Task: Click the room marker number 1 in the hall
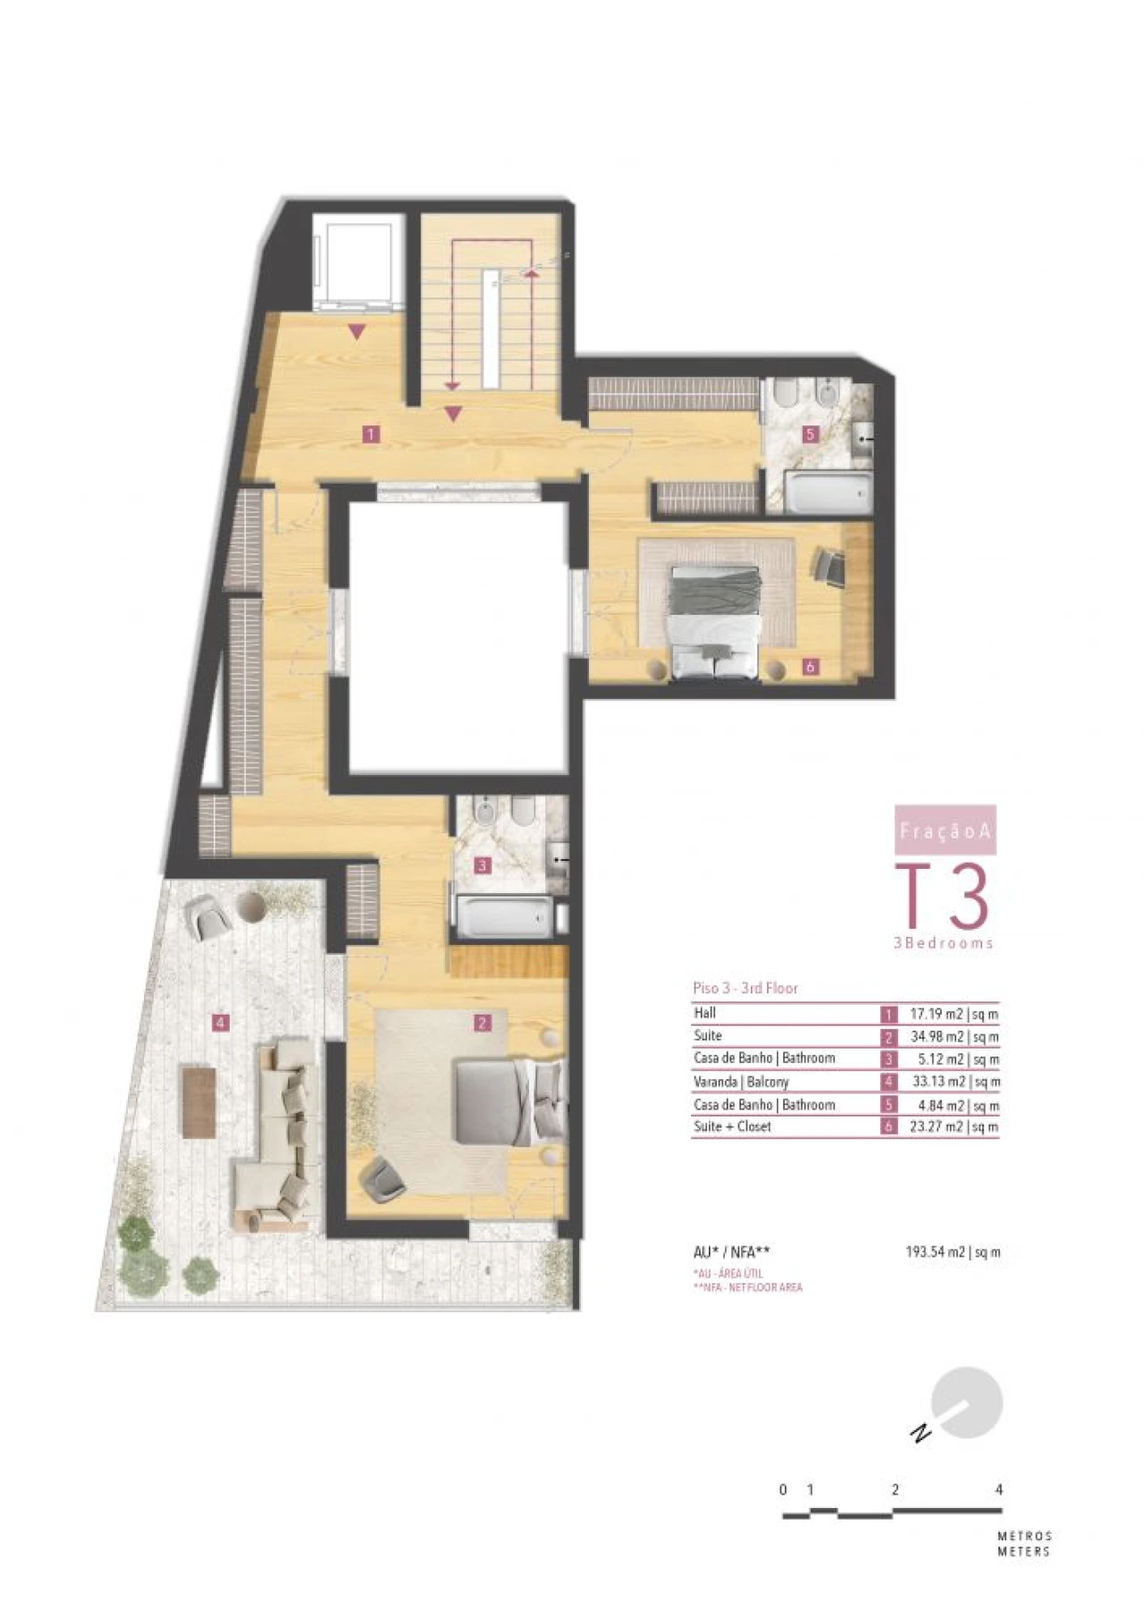tap(370, 434)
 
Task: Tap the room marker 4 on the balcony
tap(220, 1022)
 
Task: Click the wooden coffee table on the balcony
tap(198, 1102)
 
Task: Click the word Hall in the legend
tap(704, 1013)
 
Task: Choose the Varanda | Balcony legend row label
tap(741, 1082)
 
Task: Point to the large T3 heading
tap(944, 897)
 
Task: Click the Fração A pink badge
tap(945, 830)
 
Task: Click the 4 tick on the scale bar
tap(998, 1489)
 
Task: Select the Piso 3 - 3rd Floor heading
tap(745, 988)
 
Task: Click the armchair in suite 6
tap(829, 567)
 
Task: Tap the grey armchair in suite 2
tap(383, 1178)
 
